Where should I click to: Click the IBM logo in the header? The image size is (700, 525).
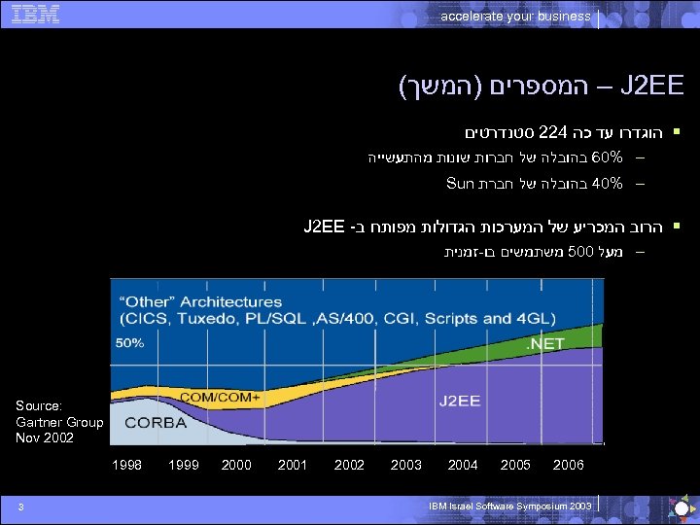pos(38,14)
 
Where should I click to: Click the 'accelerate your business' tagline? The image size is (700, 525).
pos(515,16)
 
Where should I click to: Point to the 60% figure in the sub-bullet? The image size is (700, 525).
pos(607,157)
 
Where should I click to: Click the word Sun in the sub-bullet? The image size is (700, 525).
pos(459,183)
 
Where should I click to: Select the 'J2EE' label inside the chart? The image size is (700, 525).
pos(460,399)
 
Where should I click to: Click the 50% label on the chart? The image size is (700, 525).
pos(131,343)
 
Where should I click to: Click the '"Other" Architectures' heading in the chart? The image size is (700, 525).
pos(200,302)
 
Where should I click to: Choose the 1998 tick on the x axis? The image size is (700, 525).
pos(127,466)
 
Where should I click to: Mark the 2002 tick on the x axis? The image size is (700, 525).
pos(349,466)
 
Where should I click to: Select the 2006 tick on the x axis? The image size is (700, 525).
pos(568,466)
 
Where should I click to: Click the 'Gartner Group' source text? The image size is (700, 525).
pos(59,422)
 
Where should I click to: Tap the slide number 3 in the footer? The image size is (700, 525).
pos(32,504)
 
